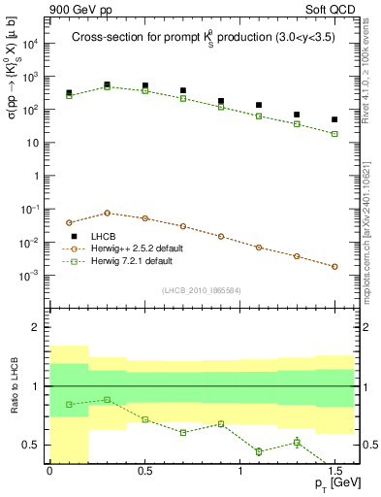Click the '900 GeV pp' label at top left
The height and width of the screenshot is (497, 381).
pos(79,10)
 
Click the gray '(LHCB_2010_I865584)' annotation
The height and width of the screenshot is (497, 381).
pos(201,291)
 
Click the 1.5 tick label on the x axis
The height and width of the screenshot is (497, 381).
pos(334,470)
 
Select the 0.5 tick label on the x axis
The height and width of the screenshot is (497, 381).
pos(144,470)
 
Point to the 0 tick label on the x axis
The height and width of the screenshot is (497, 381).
pos(49,470)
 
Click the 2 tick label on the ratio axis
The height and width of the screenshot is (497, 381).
pos(37,327)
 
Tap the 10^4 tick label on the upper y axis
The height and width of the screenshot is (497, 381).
pos(31,44)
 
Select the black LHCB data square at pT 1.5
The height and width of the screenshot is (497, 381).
pos(334,119)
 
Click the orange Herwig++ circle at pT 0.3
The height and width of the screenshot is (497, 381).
pos(107,213)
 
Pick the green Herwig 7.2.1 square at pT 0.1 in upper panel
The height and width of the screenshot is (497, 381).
pos(69,96)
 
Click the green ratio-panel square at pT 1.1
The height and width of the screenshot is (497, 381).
pos(259,451)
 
